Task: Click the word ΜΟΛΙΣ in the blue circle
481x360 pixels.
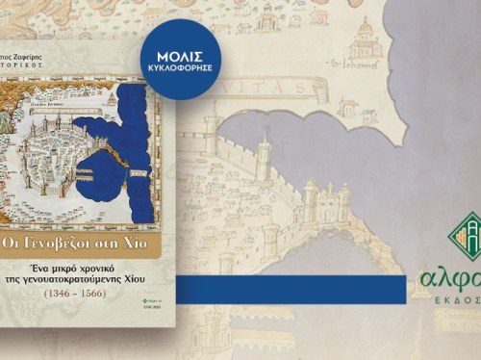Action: (183, 55)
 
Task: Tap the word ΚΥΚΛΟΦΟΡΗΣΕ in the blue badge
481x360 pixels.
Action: (183, 69)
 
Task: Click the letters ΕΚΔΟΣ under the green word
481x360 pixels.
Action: (460, 306)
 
